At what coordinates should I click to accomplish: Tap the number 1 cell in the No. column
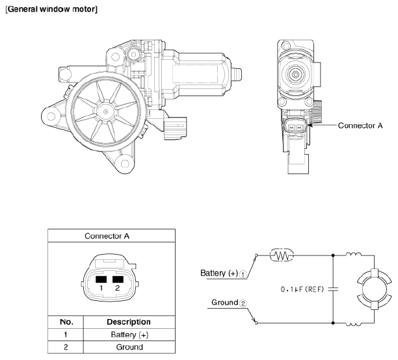pos(66,335)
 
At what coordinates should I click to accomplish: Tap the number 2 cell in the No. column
pos(66,347)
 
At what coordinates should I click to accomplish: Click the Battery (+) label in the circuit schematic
pos(219,274)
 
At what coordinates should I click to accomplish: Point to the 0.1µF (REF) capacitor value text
pos(298,289)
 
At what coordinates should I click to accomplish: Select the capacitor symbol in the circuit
pos(333,289)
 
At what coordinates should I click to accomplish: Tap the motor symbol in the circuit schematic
pos(375,289)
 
